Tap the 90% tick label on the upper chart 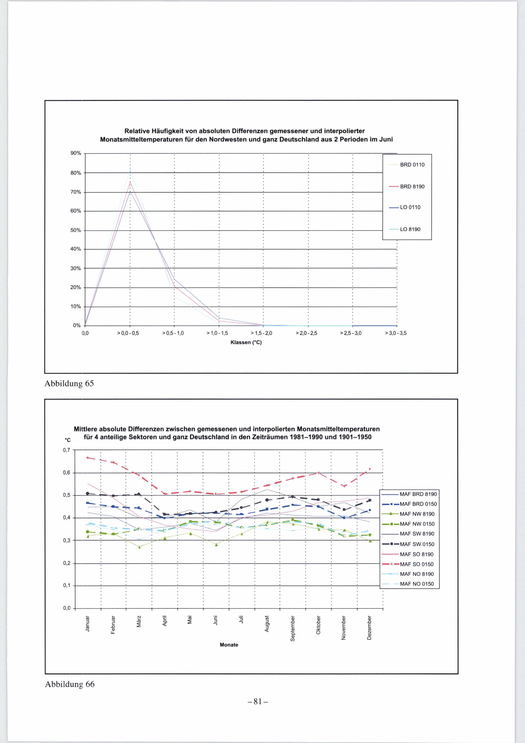click(x=76, y=153)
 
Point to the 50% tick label click(x=76, y=230)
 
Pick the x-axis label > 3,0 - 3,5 click(x=395, y=333)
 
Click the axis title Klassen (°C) click(x=246, y=342)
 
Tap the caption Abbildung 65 click(x=69, y=384)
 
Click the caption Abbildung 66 click(x=70, y=684)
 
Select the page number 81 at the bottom click(x=258, y=701)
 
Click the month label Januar click(x=87, y=623)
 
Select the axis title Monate click(x=229, y=645)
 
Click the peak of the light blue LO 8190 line click(x=130, y=168)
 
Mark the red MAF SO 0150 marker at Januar click(x=88, y=458)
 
